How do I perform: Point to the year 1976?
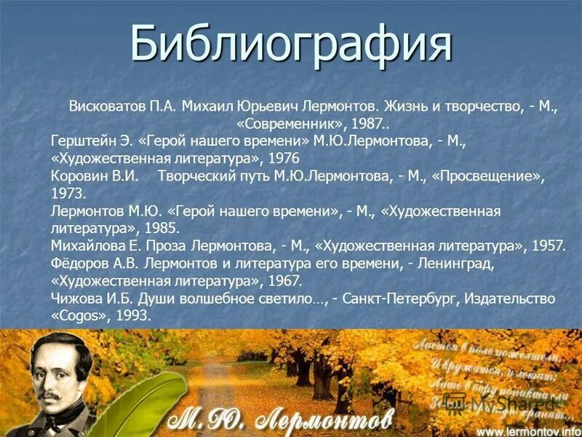click(x=284, y=158)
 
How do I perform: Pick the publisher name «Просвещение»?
click(x=487, y=176)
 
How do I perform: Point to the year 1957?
click(x=548, y=246)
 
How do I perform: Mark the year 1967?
click(x=284, y=281)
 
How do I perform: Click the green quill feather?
click(x=135, y=408)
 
